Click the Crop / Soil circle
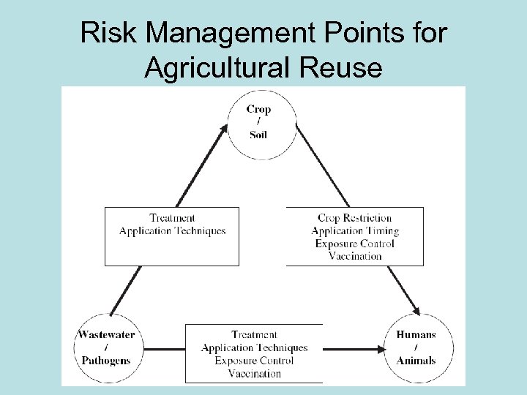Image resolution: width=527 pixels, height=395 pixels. pyautogui.click(x=258, y=122)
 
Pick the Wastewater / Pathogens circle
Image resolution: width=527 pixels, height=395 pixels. pyautogui.click(x=106, y=347)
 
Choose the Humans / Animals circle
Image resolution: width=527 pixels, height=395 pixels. pyautogui.click(x=416, y=347)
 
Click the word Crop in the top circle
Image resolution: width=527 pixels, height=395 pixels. pyautogui.click(x=258, y=110)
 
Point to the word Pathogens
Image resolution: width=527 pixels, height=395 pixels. pyautogui.click(x=106, y=360)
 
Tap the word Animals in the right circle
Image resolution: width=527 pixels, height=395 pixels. pyautogui.click(x=416, y=360)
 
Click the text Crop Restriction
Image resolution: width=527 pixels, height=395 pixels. pyautogui.click(x=355, y=218)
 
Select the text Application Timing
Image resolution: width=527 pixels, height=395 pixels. pyautogui.click(x=355, y=230)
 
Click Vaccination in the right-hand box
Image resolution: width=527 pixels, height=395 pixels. pyautogui.click(x=355, y=256)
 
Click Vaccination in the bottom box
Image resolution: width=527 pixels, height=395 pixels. pyautogui.click(x=254, y=373)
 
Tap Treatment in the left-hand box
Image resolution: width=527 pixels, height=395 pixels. pyautogui.click(x=172, y=218)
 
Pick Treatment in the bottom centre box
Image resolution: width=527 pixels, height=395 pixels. pyautogui.click(x=254, y=335)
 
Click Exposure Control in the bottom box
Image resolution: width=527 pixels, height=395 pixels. pyautogui.click(x=254, y=361)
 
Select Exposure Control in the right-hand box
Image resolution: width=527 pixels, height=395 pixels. pyautogui.click(x=355, y=244)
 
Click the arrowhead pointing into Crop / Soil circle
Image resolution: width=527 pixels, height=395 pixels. pyautogui.click(x=224, y=130)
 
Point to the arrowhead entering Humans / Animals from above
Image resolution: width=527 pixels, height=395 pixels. pyautogui.click(x=416, y=310)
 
